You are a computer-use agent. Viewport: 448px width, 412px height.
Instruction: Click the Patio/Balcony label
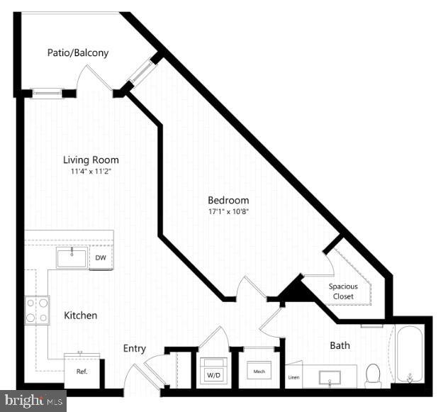click(77, 52)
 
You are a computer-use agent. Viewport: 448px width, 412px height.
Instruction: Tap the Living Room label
click(91, 160)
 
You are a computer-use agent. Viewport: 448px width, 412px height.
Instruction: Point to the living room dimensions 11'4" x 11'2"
click(91, 172)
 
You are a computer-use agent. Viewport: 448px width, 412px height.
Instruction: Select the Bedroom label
click(228, 200)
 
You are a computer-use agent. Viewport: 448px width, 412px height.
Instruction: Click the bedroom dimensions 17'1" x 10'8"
click(228, 211)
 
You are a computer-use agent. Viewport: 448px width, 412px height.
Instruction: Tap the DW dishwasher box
click(101, 258)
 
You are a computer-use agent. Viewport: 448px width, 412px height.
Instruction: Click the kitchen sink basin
click(72, 257)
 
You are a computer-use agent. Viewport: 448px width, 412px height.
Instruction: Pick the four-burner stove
click(37, 310)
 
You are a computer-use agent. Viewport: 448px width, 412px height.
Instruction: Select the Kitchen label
click(81, 315)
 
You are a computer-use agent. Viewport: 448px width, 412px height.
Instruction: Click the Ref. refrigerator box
click(82, 371)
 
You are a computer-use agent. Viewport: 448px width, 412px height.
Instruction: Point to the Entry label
click(135, 348)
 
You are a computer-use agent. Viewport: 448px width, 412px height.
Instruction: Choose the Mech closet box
click(256, 371)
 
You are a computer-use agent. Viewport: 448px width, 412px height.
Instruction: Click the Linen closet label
click(293, 377)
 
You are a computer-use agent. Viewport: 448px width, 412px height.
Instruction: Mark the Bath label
click(340, 345)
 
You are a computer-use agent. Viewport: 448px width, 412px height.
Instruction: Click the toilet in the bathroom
click(374, 375)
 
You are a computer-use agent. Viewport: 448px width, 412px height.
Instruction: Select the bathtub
click(410, 352)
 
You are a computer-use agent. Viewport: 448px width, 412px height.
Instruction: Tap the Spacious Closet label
click(342, 291)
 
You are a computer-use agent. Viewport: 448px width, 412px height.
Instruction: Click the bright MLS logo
click(33, 401)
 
